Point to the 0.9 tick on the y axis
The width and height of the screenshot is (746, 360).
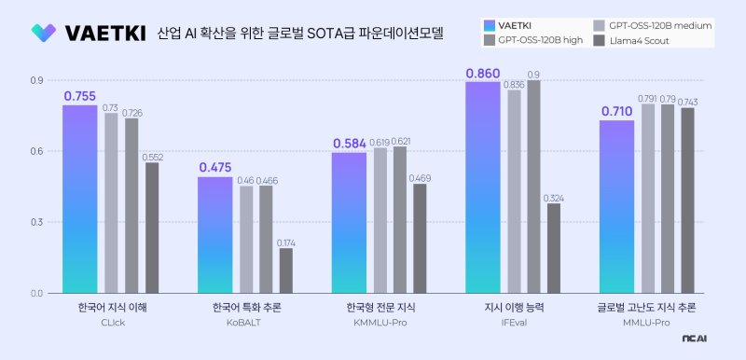(x=36, y=81)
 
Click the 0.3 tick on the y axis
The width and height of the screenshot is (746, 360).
(x=36, y=222)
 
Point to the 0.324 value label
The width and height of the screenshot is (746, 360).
(x=554, y=197)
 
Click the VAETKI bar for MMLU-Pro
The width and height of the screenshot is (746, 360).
(x=616, y=206)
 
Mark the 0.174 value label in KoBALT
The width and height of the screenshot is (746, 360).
(x=285, y=242)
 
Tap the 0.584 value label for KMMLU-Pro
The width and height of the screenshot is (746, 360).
(x=349, y=144)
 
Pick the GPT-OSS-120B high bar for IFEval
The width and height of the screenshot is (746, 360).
(x=533, y=187)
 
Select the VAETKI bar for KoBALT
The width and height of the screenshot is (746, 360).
(x=214, y=235)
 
